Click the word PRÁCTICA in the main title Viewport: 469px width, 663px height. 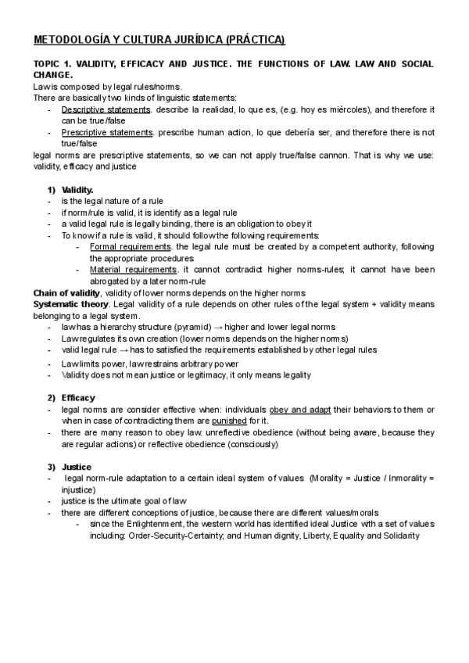coord(255,39)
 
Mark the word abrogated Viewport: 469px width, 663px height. coord(114,281)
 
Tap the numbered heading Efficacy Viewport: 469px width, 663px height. coord(78,398)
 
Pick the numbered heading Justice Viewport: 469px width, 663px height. coord(77,466)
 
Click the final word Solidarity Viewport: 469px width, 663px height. coord(399,536)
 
